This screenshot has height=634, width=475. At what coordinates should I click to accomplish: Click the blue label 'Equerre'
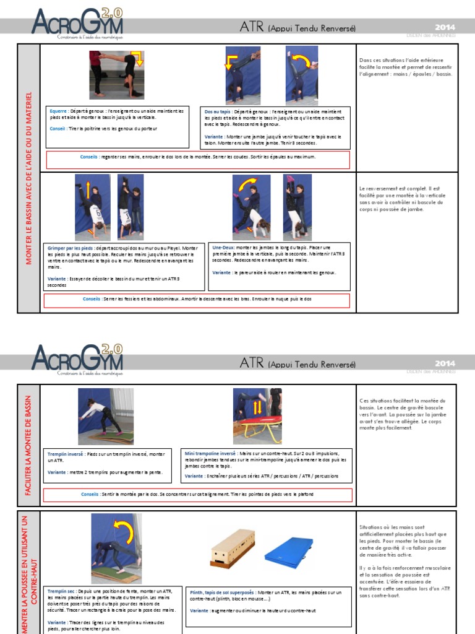coord(59,111)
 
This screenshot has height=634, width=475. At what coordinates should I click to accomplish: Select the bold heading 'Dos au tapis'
coord(218,111)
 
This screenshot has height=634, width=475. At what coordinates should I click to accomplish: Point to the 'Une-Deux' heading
coord(223,247)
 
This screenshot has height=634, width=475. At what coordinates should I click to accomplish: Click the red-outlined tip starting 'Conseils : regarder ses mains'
coord(198,157)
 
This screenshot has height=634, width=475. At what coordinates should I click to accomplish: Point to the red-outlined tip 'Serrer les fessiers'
coord(198,299)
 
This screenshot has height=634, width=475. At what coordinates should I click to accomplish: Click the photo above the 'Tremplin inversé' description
coord(105,416)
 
